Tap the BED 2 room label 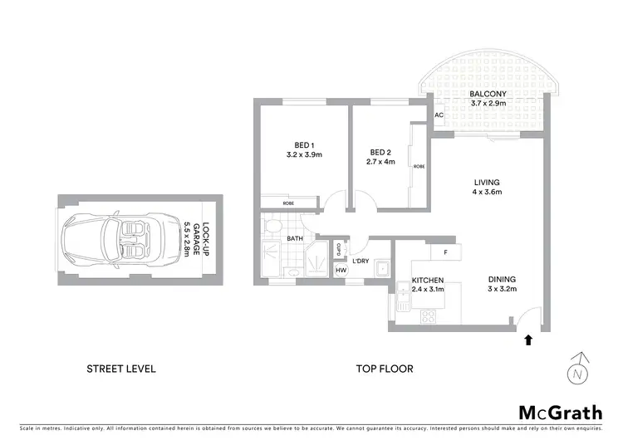pyautogui.click(x=380, y=152)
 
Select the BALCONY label pyautogui.click(x=483, y=94)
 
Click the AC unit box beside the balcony pyautogui.click(x=438, y=115)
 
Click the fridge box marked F pyautogui.click(x=445, y=251)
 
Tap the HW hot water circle pyautogui.click(x=341, y=270)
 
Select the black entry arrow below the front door pyautogui.click(x=526, y=340)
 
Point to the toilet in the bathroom pyautogui.click(x=272, y=226)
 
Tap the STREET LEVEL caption pyautogui.click(x=122, y=369)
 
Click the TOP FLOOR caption pyautogui.click(x=385, y=369)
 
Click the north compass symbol pyautogui.click(x=579, y=370)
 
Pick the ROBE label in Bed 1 pyautogui.click(x=287, y=203)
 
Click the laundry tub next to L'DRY pyautogui.click(x=381, y=268)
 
